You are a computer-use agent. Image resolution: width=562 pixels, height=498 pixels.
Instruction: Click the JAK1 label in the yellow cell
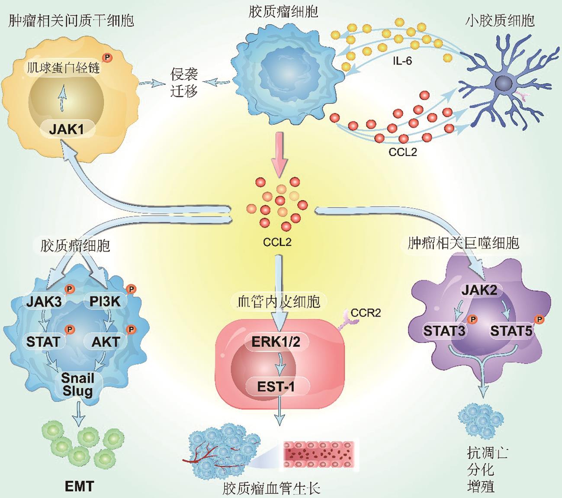click(x=66, y=129)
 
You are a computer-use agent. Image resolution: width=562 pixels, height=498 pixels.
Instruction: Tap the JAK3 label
click(x=44, y=301)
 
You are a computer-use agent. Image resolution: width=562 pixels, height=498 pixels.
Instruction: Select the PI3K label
click(x=105, y=301)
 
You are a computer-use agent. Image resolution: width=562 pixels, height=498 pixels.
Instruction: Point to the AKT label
click(x=106, y=342)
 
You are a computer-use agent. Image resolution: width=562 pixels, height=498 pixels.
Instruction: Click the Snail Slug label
click(x=77, y=384)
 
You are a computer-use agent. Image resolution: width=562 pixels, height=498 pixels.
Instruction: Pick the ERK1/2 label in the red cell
click(x=276, y=342)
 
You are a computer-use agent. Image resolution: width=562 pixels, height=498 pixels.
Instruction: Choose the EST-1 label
click(x=276, y=386)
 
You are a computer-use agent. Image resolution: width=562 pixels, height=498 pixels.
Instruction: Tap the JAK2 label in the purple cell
click(x=479, y=290)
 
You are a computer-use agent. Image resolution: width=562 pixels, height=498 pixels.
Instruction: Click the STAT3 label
click(x=444, y=331)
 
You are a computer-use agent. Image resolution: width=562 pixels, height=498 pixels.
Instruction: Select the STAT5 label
click(x=511, y=331)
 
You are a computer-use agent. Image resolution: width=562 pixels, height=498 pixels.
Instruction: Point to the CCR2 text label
click(x=366, y=313)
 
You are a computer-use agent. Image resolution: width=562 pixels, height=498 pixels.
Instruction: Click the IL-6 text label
click(x=402, y=61)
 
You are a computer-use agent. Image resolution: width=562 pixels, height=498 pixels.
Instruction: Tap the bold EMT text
click(x=79, y=486)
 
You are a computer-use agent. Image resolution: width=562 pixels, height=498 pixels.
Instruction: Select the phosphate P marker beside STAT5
click(x=539, y=320)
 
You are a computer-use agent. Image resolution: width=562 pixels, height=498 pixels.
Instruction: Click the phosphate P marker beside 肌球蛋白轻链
click(x=106, y=57)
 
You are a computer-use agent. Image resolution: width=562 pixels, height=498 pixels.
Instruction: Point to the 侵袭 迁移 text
click(x=184, y=83)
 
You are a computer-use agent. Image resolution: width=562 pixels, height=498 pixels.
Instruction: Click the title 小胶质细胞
click(x=500, y=20)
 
